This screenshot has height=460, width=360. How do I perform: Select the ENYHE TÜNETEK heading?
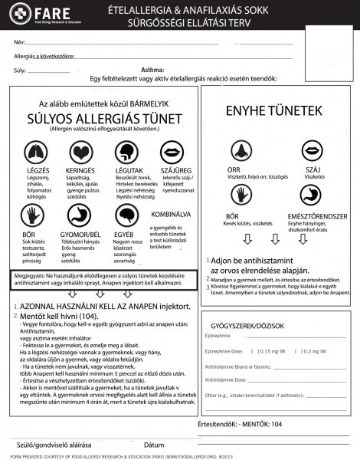click(273, 112)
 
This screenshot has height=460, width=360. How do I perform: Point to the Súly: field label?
click(21, 68)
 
